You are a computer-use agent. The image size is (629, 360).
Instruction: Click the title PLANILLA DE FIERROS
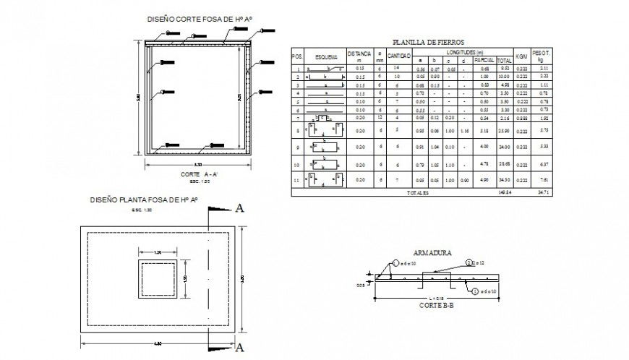427,43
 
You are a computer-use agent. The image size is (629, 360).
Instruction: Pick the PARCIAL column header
484,60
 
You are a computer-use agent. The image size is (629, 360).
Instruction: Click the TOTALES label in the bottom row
417,193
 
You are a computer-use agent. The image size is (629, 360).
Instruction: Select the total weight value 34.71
544,193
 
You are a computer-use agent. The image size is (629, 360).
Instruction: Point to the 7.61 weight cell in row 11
544,179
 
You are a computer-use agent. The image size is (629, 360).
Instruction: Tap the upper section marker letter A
239,209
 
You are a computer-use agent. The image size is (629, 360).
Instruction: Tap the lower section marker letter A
239,348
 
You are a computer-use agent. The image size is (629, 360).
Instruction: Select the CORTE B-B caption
436,306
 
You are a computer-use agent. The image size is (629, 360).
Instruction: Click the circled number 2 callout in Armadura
468,262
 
